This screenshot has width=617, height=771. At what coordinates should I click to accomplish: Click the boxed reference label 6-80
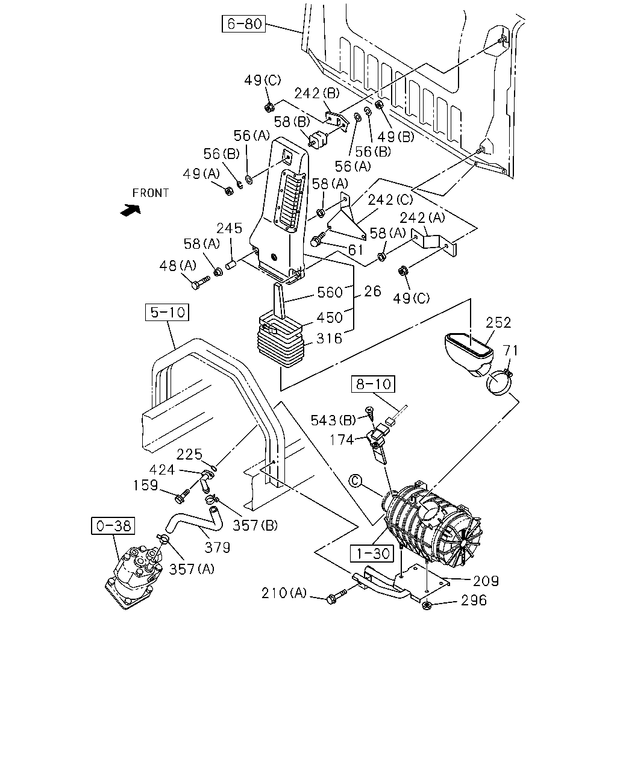[243, 24]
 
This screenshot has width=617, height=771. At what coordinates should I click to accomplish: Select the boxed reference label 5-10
[167, 312]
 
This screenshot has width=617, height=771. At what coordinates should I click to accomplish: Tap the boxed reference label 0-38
[113, 526]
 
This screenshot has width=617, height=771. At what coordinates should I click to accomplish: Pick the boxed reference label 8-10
[373, 384]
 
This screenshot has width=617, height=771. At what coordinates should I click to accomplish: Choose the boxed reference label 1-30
[372, 554]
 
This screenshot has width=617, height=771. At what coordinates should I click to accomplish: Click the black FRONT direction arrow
[130, 210]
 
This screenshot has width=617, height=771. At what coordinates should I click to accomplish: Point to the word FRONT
[150, 193]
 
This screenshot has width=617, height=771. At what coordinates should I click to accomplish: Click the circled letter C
[355, 481]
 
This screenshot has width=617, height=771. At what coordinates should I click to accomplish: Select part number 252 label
[498, 323]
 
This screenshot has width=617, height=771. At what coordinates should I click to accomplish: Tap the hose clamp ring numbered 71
[499, 383]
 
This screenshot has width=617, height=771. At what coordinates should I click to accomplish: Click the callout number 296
[474, 600]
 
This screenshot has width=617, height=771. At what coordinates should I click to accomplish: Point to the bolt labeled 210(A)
[336, 597]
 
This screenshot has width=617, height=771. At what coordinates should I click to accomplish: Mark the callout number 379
[218, 548]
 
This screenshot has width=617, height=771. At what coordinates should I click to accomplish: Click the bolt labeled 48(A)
[201, 282]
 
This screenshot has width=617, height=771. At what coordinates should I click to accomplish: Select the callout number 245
[229, 228]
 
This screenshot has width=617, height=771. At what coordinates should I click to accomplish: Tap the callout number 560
[330, 292]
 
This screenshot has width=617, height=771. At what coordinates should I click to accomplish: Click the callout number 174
[342, 440]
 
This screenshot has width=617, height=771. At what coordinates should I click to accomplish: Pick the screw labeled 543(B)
[369, 414]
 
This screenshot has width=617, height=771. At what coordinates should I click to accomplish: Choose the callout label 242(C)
[390, 200]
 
